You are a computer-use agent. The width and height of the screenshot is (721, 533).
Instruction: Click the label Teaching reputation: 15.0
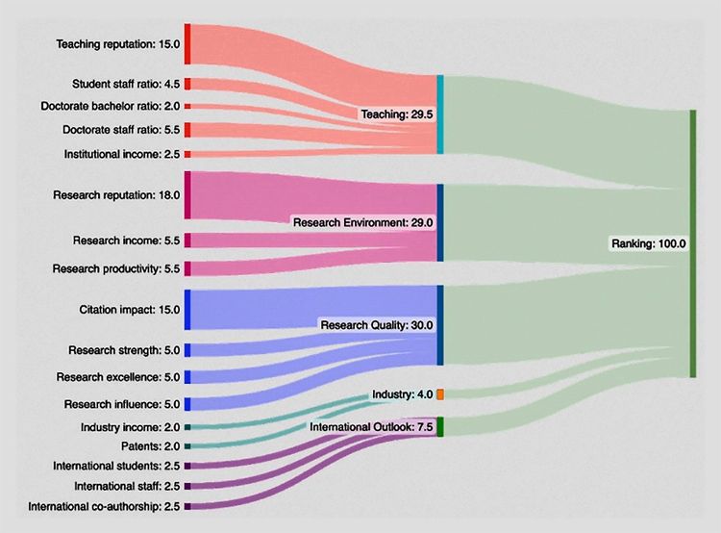pos(116,44)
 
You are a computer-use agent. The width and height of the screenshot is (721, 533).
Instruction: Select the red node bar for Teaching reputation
pos(187,44)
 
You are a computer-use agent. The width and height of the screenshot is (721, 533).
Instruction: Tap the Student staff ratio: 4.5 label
pos(124,84)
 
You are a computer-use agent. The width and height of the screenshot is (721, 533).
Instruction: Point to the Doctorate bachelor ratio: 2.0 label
pos(109,106)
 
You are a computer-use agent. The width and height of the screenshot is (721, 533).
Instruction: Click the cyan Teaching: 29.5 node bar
pos(440,114)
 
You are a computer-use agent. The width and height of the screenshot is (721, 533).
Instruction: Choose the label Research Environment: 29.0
pos(364,222)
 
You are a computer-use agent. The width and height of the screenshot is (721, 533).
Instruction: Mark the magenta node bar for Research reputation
pos(187,195)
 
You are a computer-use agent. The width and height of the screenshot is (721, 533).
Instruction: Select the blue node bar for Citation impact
pos(187,310)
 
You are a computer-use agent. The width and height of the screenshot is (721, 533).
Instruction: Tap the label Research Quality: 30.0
pos(377,325)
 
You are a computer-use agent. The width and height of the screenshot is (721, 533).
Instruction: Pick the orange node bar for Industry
pos(439,394)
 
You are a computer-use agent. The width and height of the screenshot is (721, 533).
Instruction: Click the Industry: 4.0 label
pos(402,395)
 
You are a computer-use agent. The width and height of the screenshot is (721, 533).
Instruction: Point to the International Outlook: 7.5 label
pos(370,426)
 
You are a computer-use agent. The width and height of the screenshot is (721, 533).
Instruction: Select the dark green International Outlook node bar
pos(439,427)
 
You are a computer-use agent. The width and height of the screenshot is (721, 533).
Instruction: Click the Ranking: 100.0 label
pos(648,244)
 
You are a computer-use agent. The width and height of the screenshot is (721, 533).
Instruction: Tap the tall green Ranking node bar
pos(692,244)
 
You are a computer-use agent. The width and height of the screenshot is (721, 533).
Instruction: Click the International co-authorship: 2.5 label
pos(104,506)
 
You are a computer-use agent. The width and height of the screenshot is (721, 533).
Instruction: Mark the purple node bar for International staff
pos(187,486)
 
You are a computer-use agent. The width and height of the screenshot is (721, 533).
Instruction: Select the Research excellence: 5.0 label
pos(117,377)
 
